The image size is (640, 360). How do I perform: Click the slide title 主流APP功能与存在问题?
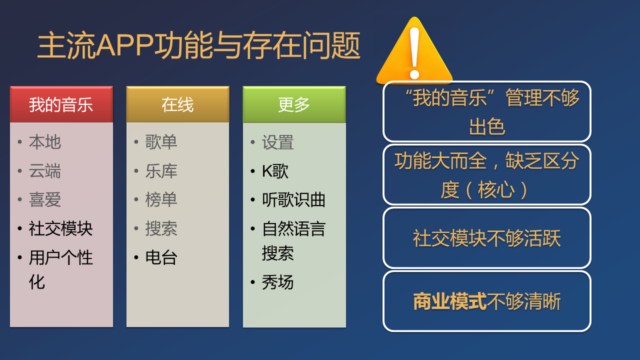click(x=199, y=45)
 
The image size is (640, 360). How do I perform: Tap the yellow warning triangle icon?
click(x=414, y=51)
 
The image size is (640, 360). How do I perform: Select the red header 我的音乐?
click(x=61, y=104)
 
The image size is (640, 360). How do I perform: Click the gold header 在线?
click(x=177, y=104)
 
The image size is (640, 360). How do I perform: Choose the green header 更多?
click(x=294, y=104)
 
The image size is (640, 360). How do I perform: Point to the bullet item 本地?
click(x=45, y=142)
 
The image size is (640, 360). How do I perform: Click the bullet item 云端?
click(x=45, y=171)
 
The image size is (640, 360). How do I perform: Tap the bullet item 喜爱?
click(x=45, y=199)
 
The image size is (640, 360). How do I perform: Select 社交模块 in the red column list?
click(x=60, y=228)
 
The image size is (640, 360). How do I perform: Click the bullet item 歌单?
click(x=161, y=142)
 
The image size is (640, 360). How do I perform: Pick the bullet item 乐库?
click(x=161, y=171)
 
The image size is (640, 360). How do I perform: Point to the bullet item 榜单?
click(x=161, y=199)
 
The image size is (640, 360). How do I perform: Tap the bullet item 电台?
click(x=161, y=257)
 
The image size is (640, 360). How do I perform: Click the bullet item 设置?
click(x=277, y=142)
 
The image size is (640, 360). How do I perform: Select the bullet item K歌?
click(x=275, y=171)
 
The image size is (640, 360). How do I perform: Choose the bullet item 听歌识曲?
click(x=293, y=199)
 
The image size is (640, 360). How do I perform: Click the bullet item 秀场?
click(x=277, y=282)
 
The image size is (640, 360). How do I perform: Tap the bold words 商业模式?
click(x=449, y=301)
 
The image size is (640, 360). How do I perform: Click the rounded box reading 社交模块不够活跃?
click(x=487, y=238)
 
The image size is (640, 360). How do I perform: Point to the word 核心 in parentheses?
click(x=496, y=189)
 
